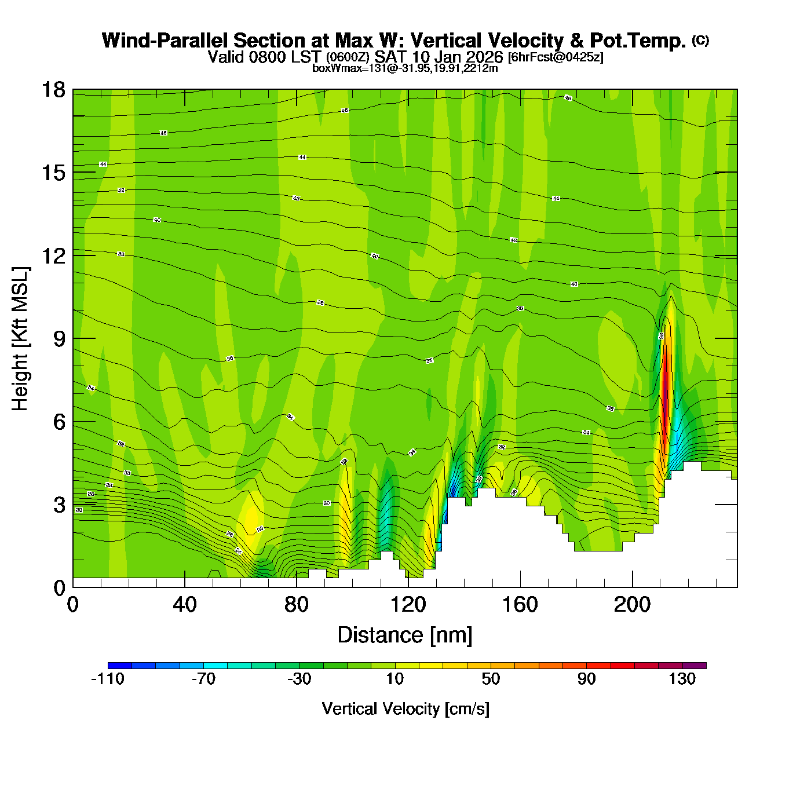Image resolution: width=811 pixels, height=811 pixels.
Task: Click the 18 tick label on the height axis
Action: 53,90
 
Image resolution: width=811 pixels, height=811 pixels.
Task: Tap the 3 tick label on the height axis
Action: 59,505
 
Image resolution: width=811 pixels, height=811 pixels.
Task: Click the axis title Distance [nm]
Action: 405,635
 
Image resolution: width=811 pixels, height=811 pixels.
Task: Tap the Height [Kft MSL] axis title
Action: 20,339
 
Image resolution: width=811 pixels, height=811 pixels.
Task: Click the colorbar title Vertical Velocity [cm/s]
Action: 405,709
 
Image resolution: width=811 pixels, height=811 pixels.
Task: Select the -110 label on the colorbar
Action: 108,680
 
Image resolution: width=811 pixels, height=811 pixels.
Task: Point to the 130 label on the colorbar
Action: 682,680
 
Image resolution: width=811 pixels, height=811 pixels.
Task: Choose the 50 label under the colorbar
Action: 491,680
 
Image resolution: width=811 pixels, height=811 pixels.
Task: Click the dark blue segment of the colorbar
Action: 120,666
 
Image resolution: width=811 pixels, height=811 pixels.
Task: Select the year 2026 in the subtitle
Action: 484,57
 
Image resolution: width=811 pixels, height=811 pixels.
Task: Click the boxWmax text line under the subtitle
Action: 405,68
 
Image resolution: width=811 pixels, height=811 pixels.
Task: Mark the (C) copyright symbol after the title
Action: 700,40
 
